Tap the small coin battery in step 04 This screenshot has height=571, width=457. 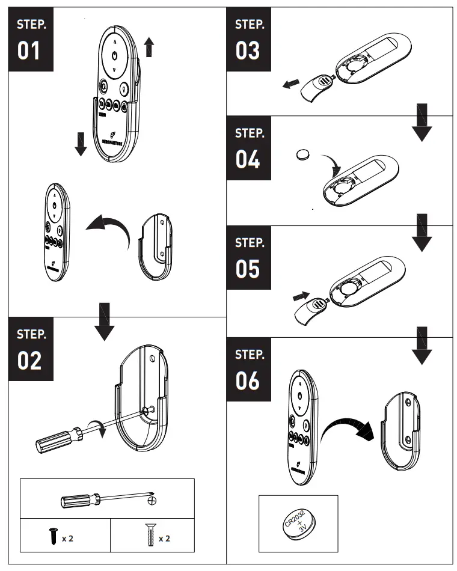tap(305, 156)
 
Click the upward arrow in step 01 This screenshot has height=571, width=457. tap(150, 46)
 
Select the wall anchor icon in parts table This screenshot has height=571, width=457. tap(149, 535)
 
